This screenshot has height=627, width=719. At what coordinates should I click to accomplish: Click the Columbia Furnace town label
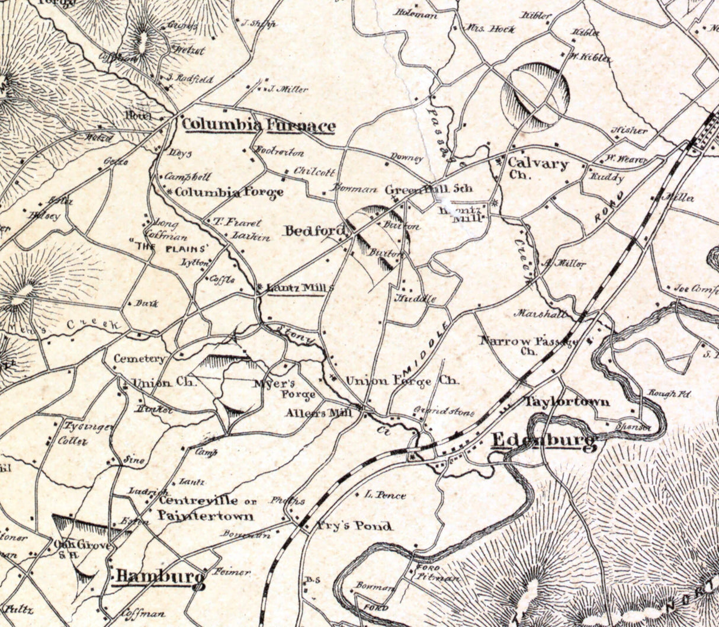(x=258, y=126)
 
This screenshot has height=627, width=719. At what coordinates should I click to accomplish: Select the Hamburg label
(x=159, y=576)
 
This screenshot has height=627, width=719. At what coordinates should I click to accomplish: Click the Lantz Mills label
(x=300, y=288)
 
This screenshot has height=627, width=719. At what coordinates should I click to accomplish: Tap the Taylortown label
(x=567, y=401)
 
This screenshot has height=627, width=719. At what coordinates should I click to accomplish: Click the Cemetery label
(x=140, y=359)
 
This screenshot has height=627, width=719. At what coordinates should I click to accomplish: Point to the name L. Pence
(x=386, y=495)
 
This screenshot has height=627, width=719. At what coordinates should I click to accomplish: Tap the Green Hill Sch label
(x=429, y=190)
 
